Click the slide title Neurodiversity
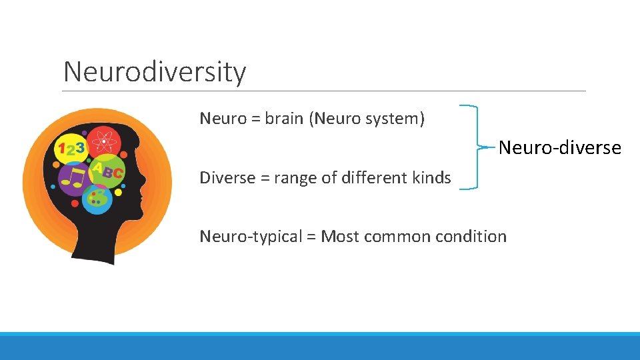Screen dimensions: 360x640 point(155,71)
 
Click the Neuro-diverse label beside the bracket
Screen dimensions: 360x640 point(559,147)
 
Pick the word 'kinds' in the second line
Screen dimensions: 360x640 point(431,178)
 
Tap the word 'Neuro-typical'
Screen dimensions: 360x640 point(251,237)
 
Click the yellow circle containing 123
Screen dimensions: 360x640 point(71,149)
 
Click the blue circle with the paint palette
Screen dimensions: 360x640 point(97,198)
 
